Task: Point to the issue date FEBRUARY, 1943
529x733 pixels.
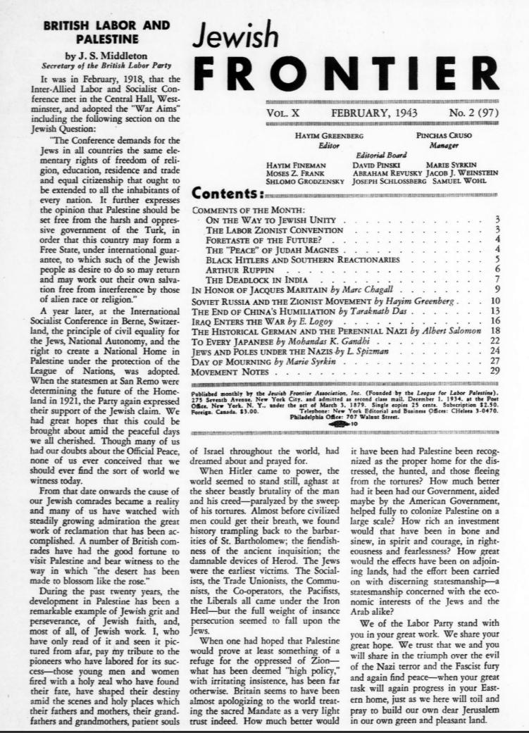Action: coord(374,112)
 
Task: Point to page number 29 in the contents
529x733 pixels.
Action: coord(494,370)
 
